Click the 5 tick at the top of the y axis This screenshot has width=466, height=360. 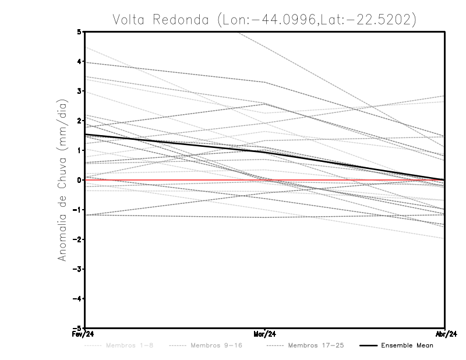tap(79, 31)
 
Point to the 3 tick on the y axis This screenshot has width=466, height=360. tap(79, 91)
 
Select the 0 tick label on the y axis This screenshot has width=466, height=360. tap(79, 180)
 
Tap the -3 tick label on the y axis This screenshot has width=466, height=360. tap(77, 269)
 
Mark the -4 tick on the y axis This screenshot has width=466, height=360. tap(77, 299)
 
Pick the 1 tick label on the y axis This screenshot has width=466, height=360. tap(79, 150)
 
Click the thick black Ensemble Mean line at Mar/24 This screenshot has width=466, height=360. tap(265, 152)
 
